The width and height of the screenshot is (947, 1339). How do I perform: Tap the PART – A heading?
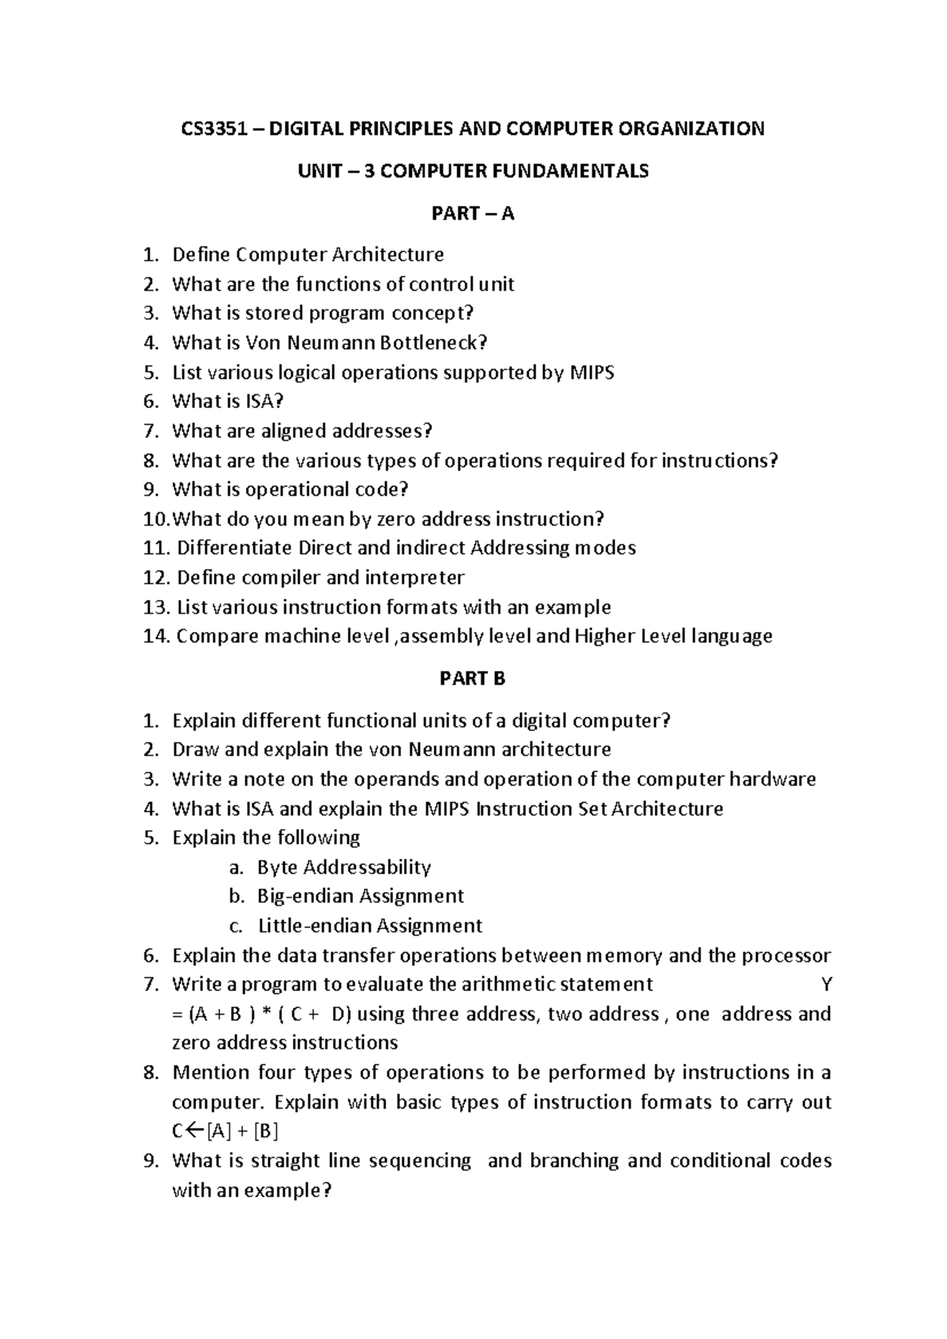click(x=473, y=213)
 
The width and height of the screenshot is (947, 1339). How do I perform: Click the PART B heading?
click(x=473, y=678)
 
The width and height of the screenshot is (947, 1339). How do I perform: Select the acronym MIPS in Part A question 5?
click(x=591, y=372)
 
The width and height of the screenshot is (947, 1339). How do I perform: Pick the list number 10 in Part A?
click(x=154, y=519)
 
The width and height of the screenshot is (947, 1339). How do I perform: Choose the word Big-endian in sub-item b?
click(x=304, y=896)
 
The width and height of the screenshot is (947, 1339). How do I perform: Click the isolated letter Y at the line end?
click(x=826, y=985)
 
